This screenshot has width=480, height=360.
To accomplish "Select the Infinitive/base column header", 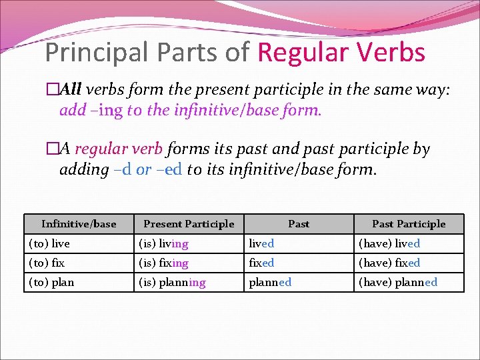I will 79,224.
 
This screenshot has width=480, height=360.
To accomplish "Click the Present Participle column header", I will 189,224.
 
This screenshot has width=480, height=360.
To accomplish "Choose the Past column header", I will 298,224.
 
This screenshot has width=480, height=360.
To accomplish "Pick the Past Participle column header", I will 409,224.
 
